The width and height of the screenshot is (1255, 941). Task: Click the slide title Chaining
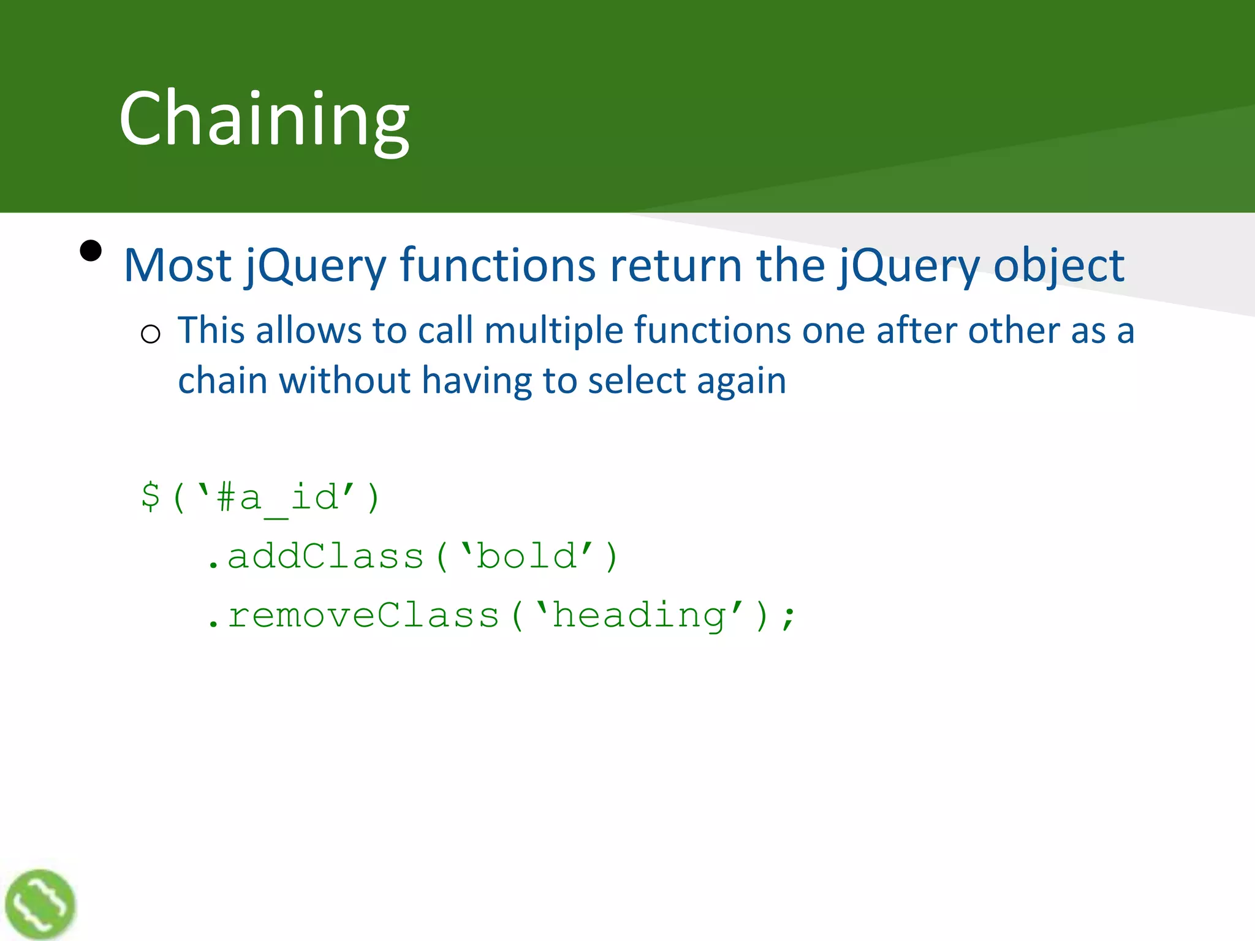[264, 119]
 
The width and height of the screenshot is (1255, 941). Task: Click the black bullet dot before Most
[91, 251]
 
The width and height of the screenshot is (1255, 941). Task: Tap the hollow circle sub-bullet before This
[150, 334]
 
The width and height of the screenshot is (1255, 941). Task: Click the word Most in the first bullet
[177, 266]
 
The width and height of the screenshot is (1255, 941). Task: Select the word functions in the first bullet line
[498, 266]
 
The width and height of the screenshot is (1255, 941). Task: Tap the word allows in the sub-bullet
[308, 331]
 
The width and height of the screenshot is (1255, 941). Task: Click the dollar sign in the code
[151, 496]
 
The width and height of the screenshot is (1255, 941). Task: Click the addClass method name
[325, 556]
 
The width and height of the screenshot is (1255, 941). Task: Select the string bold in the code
[526, 556]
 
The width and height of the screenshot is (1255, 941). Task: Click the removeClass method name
[363, 616]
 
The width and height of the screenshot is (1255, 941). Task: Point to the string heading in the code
[639, 616]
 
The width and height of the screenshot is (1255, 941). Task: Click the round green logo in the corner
[40, 904]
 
